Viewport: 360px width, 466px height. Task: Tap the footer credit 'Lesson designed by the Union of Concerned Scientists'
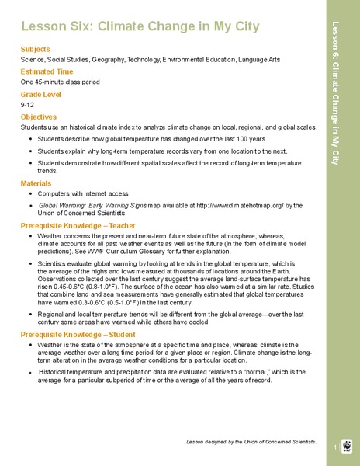[x=251, y=441]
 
